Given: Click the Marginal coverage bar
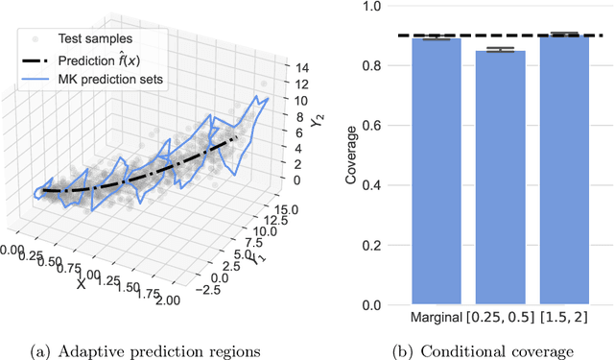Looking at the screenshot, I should pos(437,173).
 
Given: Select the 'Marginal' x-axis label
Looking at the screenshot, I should pos(437,318).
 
